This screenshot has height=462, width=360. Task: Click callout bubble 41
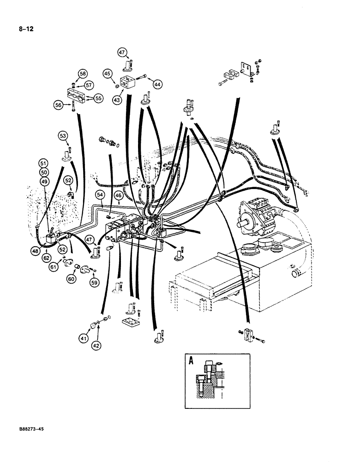click(x=83, y=339)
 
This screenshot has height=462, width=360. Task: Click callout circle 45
click(x=107, y=73)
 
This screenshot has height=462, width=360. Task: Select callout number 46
click(x=119, y=196)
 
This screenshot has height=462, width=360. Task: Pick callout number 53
click(x=63, y=135)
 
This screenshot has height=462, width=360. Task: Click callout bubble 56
click(x=58, y=105)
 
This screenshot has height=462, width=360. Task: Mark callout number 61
click(x=54, y=267)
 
